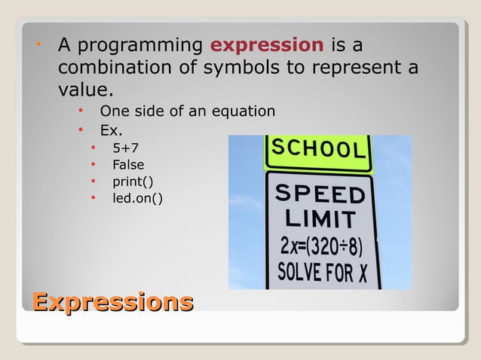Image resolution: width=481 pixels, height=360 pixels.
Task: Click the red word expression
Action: [x=267, y=44]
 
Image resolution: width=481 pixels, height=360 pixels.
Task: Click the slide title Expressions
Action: [x=112, y=303]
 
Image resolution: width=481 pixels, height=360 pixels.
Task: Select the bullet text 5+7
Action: [x=125, y=148]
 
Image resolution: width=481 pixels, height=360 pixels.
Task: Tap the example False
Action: [x=128, y=165]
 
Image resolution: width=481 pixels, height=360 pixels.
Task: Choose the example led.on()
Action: [x=137, y=198]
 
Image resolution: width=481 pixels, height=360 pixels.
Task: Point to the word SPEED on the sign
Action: [x=320, y=195]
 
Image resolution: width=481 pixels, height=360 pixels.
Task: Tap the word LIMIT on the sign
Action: [x=320, y=220]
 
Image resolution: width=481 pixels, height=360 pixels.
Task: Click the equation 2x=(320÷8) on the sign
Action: [x=320, y=246]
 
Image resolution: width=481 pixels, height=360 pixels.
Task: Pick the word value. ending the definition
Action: [x=85, y=90]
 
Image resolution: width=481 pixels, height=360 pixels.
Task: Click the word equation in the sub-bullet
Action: [x=242, y=111]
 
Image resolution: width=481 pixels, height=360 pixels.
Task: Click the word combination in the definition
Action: [x=112, y=68]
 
